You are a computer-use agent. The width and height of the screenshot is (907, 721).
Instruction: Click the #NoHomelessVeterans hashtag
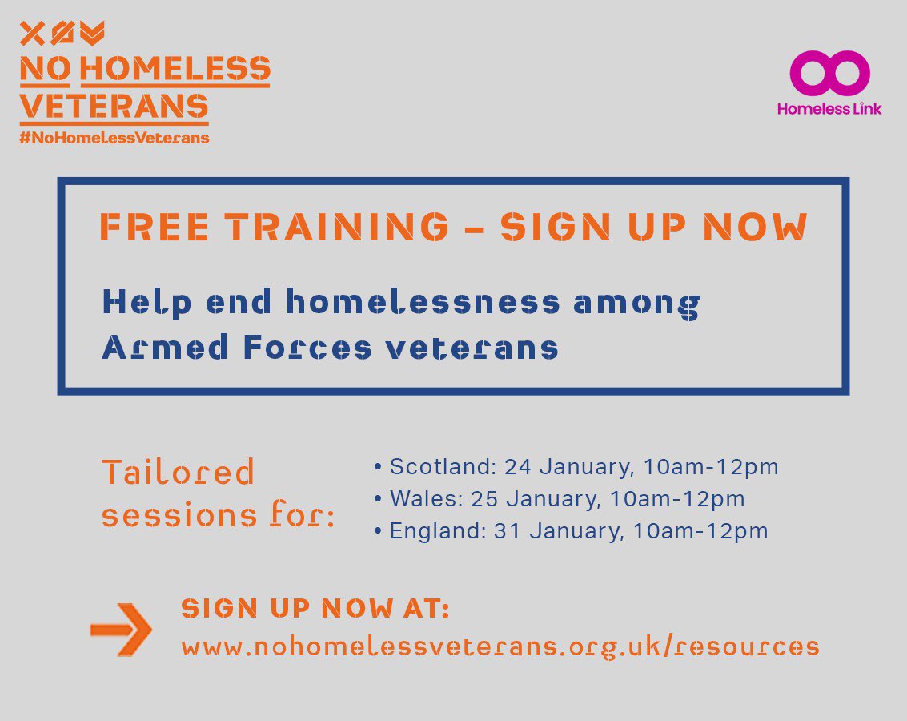(114, 138)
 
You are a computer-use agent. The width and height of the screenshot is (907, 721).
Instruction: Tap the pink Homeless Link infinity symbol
(829, 73)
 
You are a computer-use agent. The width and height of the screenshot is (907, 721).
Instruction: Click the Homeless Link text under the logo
(829, 109)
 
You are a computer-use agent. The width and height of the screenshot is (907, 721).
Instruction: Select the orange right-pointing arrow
(121, 629)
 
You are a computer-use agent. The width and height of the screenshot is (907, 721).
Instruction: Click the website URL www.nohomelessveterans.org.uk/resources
(500, 646)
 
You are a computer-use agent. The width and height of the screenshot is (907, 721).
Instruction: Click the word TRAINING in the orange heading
(337, 227)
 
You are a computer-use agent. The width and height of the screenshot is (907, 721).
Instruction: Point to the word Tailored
(178, 473)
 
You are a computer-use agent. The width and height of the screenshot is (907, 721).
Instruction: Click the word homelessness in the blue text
(423, 303)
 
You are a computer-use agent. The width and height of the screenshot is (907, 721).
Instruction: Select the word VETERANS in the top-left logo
(114, 106)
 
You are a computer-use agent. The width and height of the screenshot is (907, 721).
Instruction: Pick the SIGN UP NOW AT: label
(315, 609)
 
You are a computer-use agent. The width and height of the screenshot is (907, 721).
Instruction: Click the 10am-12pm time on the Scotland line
(704, 466)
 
